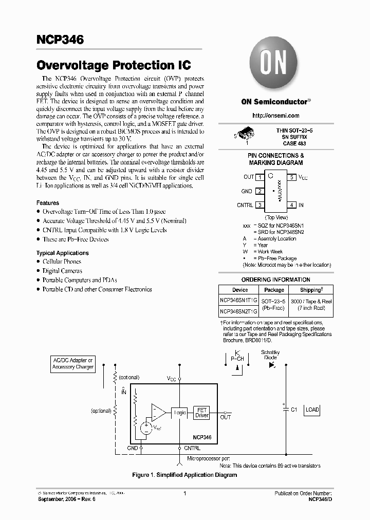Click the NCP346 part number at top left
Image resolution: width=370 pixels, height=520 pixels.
point(60,40)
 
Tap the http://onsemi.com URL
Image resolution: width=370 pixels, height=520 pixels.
point(270,116)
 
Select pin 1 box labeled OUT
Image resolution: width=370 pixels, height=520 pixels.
point(260,177)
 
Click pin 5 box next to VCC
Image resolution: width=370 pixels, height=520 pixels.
point(291,177)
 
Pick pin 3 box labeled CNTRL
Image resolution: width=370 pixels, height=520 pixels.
point(260,205)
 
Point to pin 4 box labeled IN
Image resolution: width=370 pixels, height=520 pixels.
point(291,205)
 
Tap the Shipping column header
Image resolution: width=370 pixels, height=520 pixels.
point(310,290)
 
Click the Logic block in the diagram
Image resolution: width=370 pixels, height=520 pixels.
point(179,413)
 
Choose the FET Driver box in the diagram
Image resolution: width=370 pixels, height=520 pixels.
point(202,413)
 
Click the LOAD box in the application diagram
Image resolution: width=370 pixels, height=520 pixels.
point(312,410)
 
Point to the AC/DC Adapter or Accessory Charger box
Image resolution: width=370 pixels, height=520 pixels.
point(73,364)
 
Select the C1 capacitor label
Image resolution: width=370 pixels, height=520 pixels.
point(294,410)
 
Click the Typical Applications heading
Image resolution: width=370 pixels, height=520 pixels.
point(62,253)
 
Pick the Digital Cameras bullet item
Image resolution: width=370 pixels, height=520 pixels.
point(62,271)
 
